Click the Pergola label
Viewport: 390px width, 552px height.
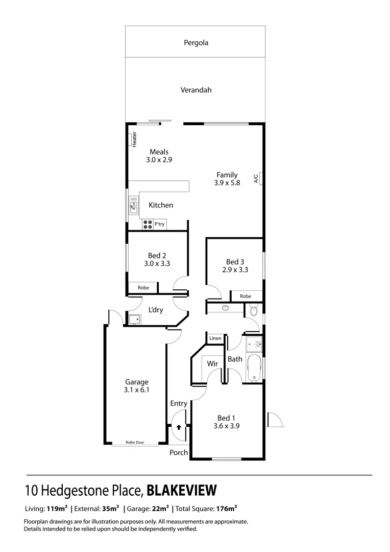tap(196, 43)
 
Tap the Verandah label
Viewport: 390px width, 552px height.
tap(196, 90)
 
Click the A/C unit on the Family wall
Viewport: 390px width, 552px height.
tap(260, 178)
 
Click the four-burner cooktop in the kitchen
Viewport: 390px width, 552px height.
tap(147, 224)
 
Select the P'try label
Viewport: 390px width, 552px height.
tap(160, 224)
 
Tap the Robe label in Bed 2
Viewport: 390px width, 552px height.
tap(143, 288)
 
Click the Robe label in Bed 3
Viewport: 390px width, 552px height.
tap(246, 296)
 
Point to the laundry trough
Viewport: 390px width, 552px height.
tap(134, 320)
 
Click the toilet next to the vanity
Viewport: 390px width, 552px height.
tap(253, 310)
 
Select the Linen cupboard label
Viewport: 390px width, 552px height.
tap(214, 338)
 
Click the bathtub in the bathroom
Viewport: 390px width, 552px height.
tap(254, 368)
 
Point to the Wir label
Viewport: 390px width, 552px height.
tap(212, 364)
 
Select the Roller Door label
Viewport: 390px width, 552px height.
tap(135, 443)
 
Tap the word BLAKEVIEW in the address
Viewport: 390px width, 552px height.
tap(182, 490)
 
